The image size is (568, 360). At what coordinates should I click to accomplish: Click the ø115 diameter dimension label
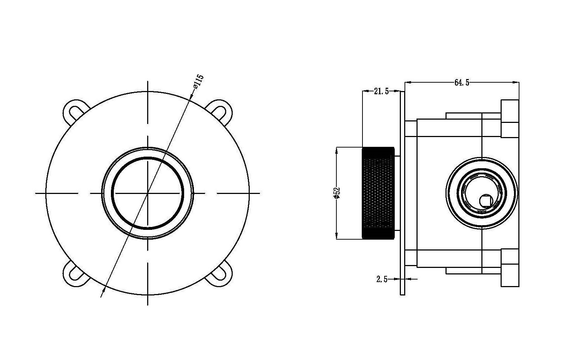coord(199,82)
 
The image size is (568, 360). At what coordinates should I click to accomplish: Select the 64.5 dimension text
coord(462,82)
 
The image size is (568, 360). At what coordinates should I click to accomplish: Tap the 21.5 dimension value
coord(381,91)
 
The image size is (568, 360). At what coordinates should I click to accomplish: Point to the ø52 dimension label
coord(337,193)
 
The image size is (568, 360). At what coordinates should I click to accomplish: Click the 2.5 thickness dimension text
coord(382,279)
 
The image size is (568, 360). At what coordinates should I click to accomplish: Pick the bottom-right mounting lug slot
coord(219,275)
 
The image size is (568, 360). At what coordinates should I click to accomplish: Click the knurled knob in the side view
coord(378,193)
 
